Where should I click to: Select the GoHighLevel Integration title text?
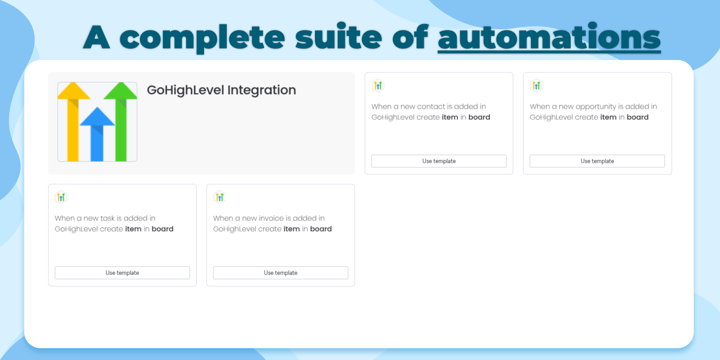[221, 90]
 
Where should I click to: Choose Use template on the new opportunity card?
[597, 161]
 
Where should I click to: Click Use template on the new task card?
[122, 273]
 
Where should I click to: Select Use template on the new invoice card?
[280, 273]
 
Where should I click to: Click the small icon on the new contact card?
[378, 85]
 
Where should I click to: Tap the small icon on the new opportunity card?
[536, 85]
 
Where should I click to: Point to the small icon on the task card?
[61, 197]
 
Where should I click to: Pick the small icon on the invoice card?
[219, 197]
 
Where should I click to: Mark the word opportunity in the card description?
[595, 107]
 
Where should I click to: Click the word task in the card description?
[107, 218]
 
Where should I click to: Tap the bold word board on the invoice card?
[321, 229]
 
